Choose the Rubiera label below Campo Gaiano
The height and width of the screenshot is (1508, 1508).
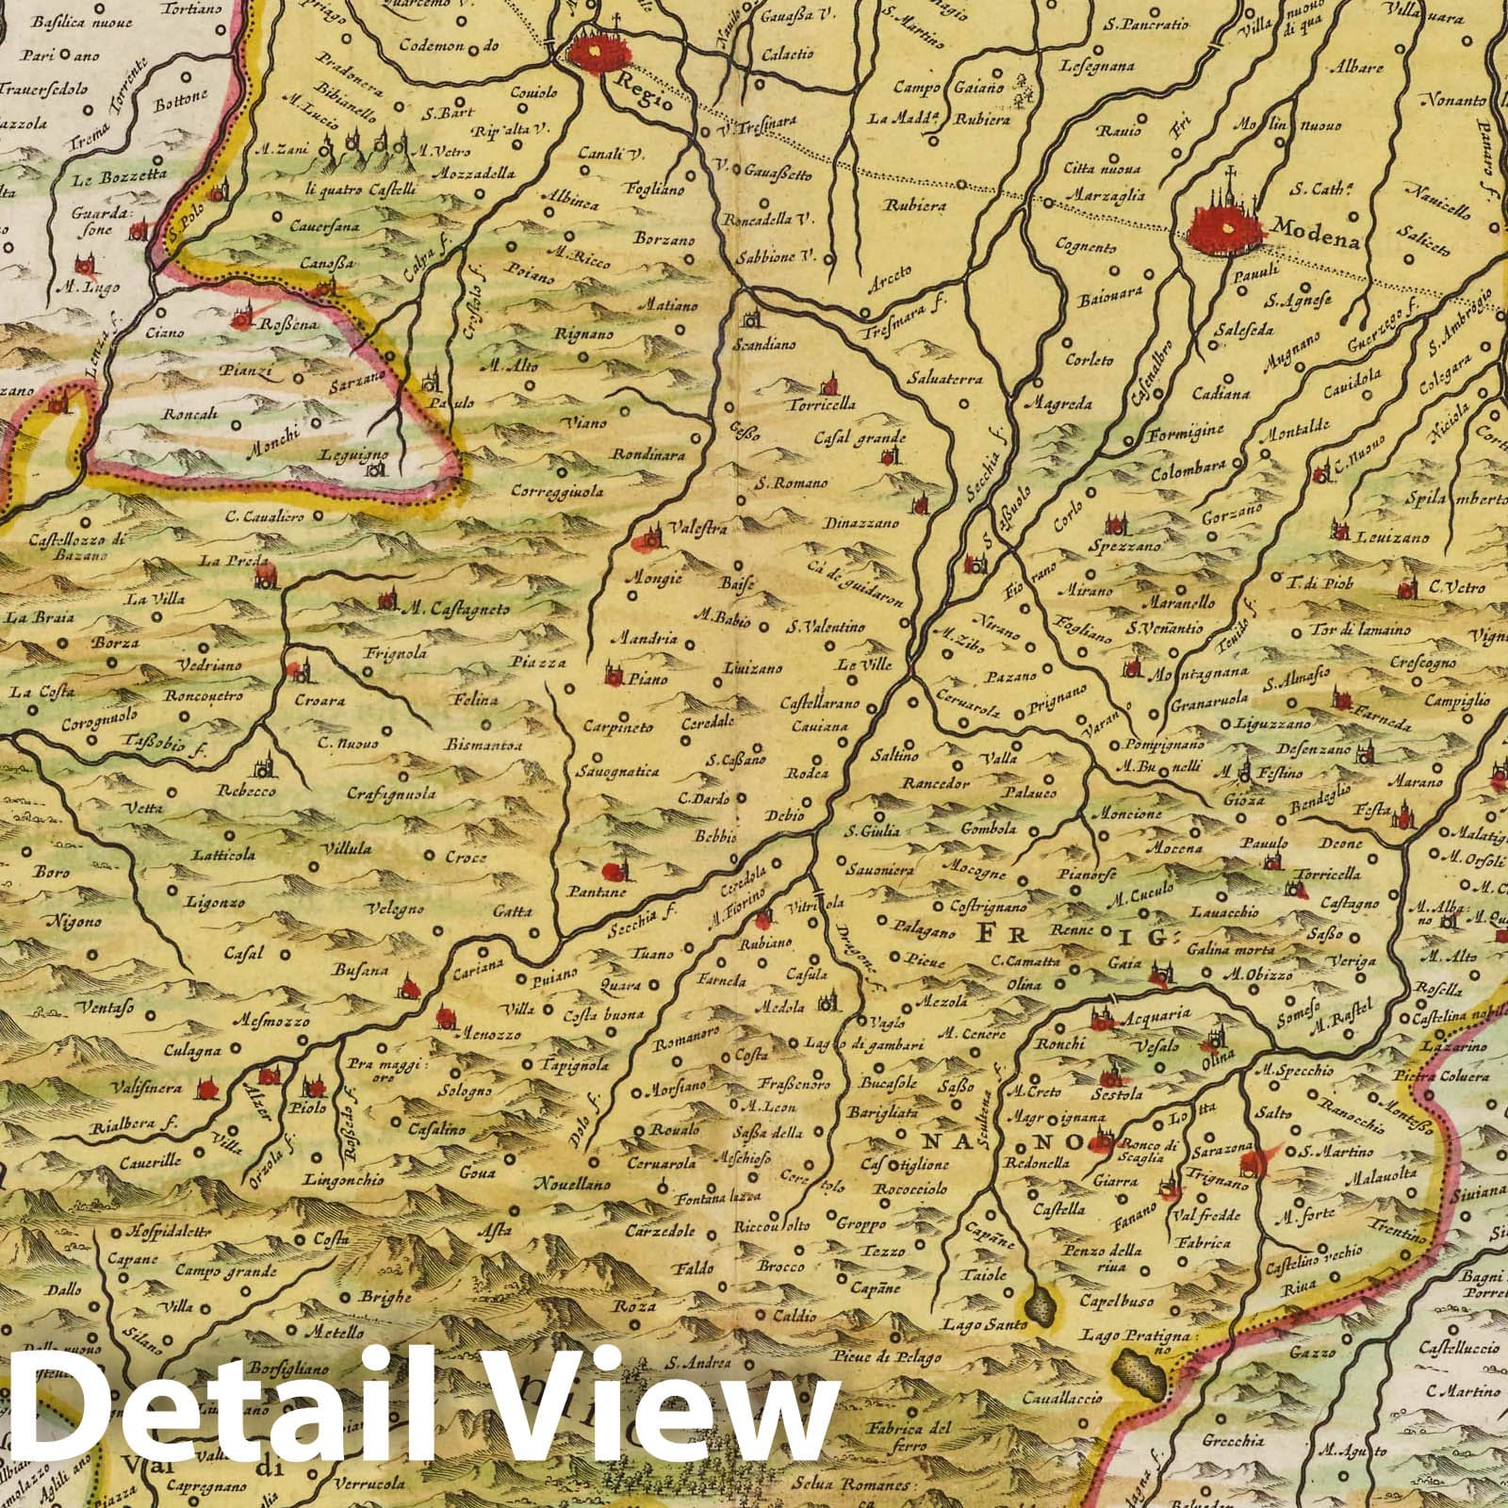pos(980,120)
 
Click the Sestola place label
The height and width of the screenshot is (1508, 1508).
pos(1120,1094)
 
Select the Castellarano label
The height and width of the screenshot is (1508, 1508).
pos(815,703)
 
